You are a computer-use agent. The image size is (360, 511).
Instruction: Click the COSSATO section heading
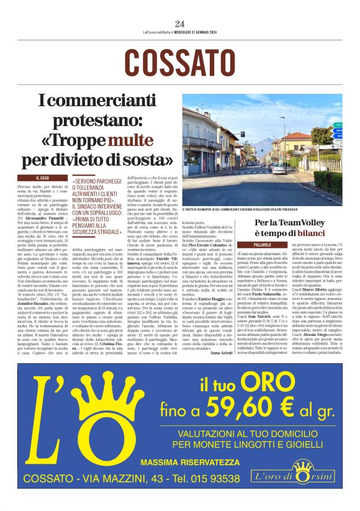point(180,62)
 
